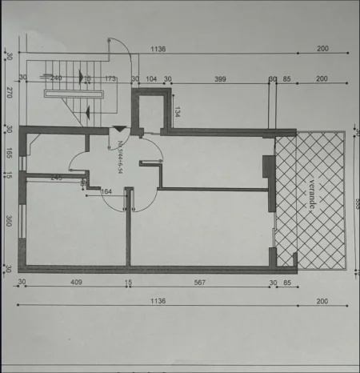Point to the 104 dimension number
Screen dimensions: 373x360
click(x=152, y=78)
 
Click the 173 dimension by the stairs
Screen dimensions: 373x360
click(x=110, y=78)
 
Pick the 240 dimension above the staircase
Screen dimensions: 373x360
click(x=56, y=78)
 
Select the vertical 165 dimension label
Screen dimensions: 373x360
click(x=9, y=152)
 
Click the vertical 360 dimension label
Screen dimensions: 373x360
click(x=9, y=221)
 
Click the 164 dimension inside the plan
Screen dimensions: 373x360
click(x=106, y=191)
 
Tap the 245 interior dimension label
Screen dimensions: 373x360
click(x=56, y=177)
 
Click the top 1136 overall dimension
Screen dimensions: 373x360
click(x=158, y=50)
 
